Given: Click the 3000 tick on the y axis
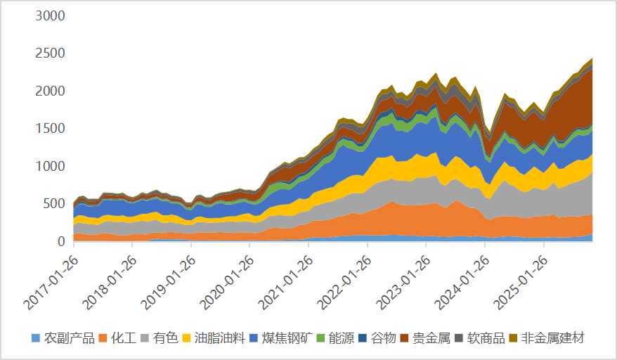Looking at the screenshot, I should pos(50,16).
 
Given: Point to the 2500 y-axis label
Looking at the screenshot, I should pos(50,53).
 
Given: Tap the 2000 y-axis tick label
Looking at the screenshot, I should pos(50,91).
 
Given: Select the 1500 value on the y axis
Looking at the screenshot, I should pos(50,129).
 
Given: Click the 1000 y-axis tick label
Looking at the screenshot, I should pos(50,167).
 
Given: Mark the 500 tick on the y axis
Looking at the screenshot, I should pos(54,204).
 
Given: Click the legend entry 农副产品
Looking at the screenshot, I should pos(69,338).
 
